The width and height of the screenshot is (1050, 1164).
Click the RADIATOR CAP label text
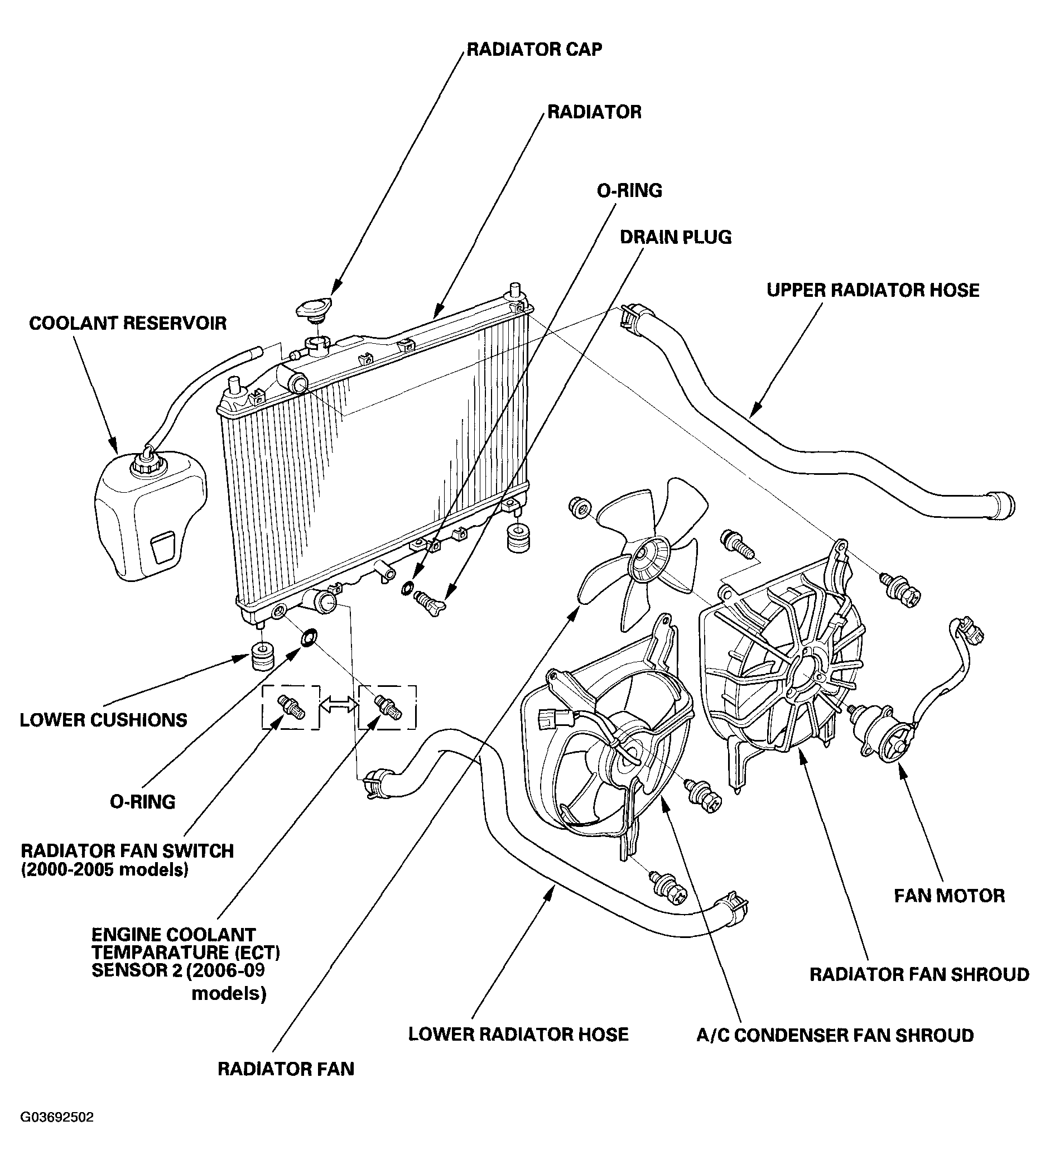pyautogui.click(x=534, y=49)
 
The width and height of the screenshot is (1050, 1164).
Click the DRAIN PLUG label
pyautogui.click(x=675, y=237)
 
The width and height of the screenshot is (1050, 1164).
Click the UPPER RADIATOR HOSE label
pyautogui.click(x=873, y=290)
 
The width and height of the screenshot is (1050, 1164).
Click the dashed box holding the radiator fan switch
pyautogui.click(x=291, y=707)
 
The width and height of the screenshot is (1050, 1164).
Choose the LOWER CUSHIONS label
pyautogui.click(x=103, y=720)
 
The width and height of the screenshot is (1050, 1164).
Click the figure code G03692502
pyautogui.click(x=56, y=1117)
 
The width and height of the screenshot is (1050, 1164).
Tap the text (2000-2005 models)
pyautogui.click(x=104, y=870)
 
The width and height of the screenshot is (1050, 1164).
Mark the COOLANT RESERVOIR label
pyautogui.click(x=128, y=323)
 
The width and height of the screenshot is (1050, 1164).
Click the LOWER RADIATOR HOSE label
pyautogui.click(x=518, y=1034)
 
